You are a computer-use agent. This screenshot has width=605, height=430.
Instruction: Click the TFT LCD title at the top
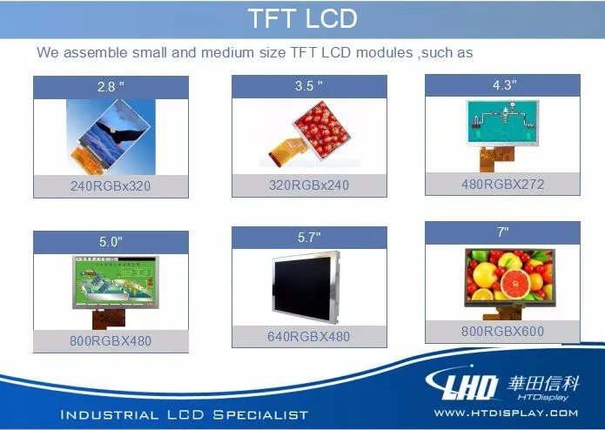pos(303,18)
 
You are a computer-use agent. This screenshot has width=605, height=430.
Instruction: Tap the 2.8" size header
pos(111,87)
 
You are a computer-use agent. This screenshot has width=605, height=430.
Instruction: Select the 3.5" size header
pos(309,85)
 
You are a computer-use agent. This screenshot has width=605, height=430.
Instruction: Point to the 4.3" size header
pos(504,84)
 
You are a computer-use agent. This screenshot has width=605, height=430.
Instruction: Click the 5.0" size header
pos(111,242)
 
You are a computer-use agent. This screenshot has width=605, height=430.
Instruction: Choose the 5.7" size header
pos(309,237)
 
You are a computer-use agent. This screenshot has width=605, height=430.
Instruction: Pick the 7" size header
pos(503,232)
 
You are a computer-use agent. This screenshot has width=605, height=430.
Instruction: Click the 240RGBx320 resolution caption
pos(111,186)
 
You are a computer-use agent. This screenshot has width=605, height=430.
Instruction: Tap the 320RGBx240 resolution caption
pos(309,185)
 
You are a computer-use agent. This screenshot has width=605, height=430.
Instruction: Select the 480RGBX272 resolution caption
pos(503,184)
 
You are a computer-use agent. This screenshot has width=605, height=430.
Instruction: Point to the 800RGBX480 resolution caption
pos(111,341)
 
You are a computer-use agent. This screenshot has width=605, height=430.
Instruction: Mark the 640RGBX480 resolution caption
pos(309,336)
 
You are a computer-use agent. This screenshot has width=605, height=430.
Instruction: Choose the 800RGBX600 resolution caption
pos(503,331)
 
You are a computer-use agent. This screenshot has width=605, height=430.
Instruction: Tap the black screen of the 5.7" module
pos(302,287)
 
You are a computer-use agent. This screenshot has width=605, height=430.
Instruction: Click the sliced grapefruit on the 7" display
pos(515,284)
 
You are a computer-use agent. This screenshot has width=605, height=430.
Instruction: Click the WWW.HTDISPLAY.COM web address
pos(507,413)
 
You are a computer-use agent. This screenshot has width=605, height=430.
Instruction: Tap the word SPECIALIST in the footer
pos(261,415)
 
